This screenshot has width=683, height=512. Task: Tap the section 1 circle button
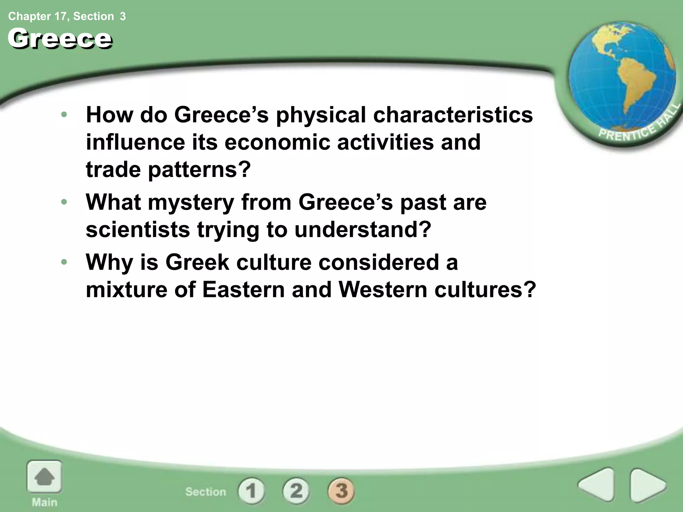tap(251, 491)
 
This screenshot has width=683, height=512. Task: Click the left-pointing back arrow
tap(597, 485)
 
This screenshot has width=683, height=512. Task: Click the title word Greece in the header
tap(60, 39)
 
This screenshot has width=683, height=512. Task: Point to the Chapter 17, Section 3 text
tap(67, 16)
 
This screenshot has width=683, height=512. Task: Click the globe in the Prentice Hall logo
tap(622, 77)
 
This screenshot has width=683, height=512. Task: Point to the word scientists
tap(137, 230)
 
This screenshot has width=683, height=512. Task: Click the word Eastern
tap(243, 289)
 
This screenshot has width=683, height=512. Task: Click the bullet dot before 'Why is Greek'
tap(64, 262)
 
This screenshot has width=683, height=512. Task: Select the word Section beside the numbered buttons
tap(206, 492)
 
